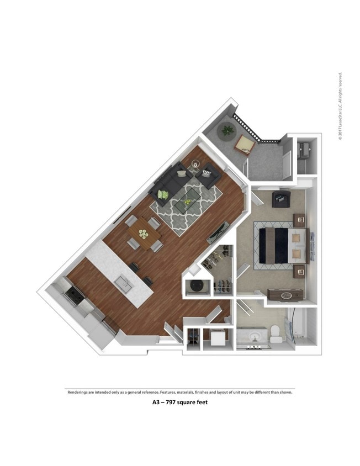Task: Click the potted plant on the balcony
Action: (227, 131)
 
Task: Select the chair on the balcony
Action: (243, 145)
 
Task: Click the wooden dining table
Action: (144, 235)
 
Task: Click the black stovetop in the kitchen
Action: (75, 296)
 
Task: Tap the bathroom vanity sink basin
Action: (254, 336)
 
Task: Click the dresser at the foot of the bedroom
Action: (286, 294)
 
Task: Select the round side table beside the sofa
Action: (196, 163)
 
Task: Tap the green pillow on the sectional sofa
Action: (163, 194)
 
